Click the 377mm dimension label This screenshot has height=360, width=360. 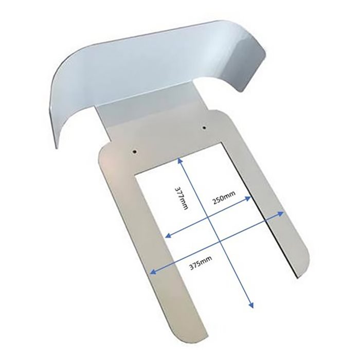point(182,197)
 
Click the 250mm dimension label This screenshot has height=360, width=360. point(224,197)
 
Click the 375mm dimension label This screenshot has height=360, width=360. point(201,263)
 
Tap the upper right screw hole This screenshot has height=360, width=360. point(204,128)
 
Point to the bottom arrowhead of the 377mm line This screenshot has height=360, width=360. point(251,305)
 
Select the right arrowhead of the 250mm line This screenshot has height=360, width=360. point(248,199)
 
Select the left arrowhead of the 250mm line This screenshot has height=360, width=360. point(169,235)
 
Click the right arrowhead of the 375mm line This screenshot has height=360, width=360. point(281,214)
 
